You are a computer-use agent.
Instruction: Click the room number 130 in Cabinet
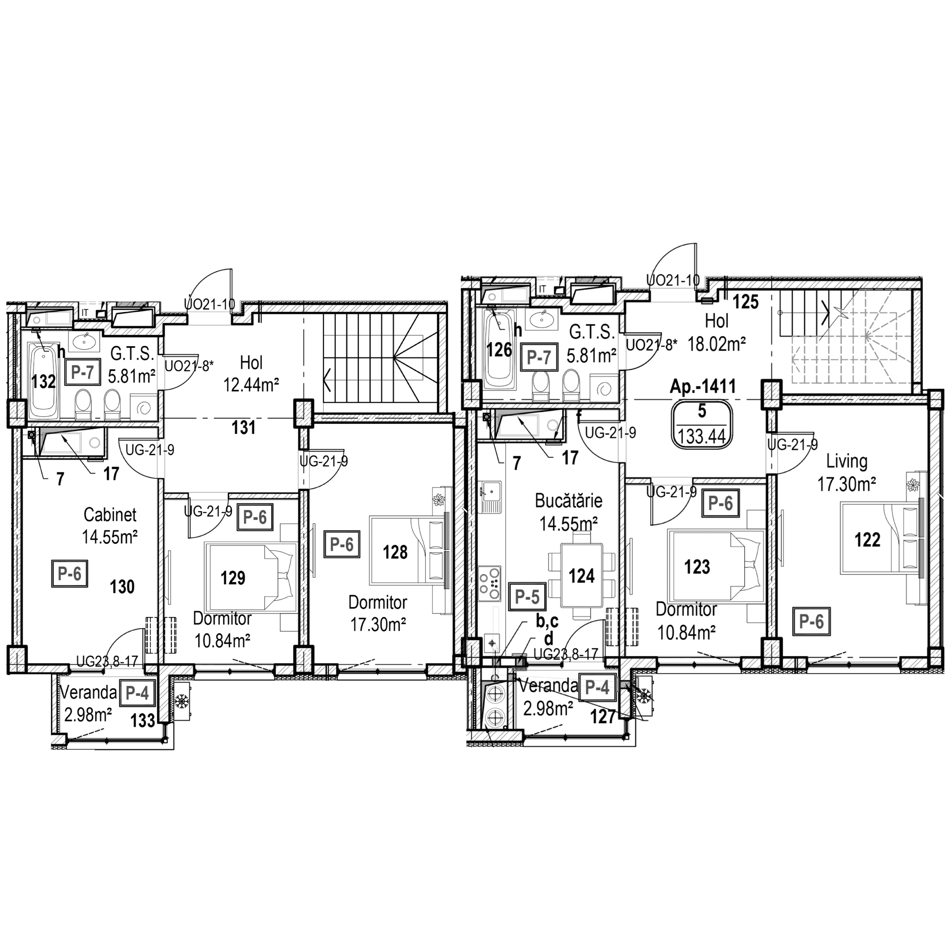click(x=122, y=586)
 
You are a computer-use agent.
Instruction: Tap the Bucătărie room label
click(x=568, y=501)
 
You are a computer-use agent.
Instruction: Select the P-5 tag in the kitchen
click(x=527, y=597)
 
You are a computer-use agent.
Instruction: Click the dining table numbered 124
click(x=582, y=575)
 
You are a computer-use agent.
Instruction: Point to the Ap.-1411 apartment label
click(x=703, y=386)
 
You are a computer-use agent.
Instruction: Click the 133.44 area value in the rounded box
click(x=702, y=436)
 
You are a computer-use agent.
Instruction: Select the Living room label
click(x=847, y=461)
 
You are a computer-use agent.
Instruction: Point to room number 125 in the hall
click(x=746, y=302)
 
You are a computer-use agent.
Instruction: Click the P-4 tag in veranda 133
click(x=137, y=693)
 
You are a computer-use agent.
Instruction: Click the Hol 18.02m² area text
click(x=717, y=344)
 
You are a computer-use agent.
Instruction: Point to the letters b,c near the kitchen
click(x=547, y=622)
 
